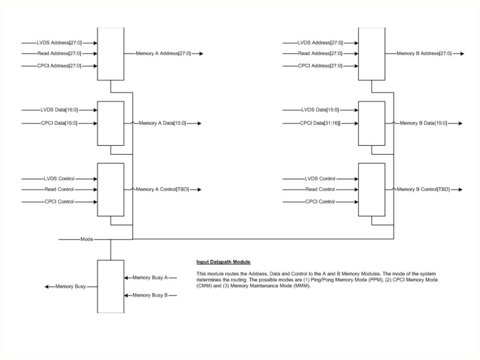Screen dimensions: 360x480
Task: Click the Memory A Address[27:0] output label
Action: (x=163, y=53)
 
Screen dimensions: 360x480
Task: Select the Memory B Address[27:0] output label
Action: (x=424, y=53)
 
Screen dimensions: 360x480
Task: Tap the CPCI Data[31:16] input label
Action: (x=320, y=123)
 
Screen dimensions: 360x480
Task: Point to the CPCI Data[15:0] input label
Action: (x=59, y=123)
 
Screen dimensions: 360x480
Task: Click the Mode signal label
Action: (x=87, y=239)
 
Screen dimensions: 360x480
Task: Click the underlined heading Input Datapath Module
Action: (x=224, y=262)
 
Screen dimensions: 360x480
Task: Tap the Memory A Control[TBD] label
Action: (x=162, y=189)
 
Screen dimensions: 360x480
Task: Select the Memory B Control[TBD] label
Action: (x=423, y=189)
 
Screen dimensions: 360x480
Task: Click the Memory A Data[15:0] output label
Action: (x=162, y=123)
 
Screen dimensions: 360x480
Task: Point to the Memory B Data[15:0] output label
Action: (x=423, y=123)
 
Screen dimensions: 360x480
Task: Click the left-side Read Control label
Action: (x=59, y=189)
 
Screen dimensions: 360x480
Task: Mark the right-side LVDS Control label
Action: (x=320, y=179)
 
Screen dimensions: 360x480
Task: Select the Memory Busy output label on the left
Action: (x=70, y=286)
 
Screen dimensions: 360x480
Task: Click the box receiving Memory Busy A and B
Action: (x=111, y=286)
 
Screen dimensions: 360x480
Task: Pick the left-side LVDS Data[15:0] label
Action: (x=59, y=110)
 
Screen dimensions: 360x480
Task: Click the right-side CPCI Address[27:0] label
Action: (x=320, y=66)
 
